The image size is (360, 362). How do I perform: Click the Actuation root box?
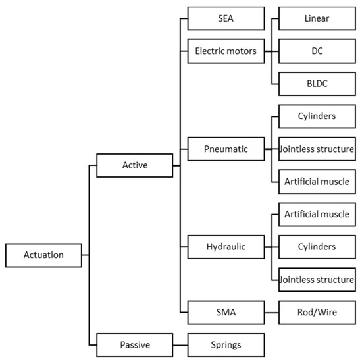pos(43,255)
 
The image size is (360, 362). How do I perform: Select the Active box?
pos(134,165)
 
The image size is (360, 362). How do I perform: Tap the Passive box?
pos(134,344)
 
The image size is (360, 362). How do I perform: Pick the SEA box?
pos(226,18)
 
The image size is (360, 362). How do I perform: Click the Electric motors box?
pos(226,49)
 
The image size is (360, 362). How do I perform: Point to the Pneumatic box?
pos(226,149)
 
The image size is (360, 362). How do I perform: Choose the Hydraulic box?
pos(226,247)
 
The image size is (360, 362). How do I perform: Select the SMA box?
pos(226,312)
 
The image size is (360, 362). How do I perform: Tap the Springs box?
pos(226,344)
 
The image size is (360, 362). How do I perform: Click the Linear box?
pos(317,18)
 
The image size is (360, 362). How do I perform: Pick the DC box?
pos(317,49)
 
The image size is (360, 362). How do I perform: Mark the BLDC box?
pos(317,83)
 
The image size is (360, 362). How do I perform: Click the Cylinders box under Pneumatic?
pos(317,116)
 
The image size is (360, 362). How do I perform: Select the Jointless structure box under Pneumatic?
pos(317,149)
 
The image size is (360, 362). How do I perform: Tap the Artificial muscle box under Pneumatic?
pos(317,182)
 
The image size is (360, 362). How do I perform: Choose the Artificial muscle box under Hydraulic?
pos(317,214)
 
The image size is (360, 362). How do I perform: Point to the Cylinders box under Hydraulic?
pos(317,247)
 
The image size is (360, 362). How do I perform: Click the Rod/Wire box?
pos(317,312)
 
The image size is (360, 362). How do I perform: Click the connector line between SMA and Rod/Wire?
pos(271,312)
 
